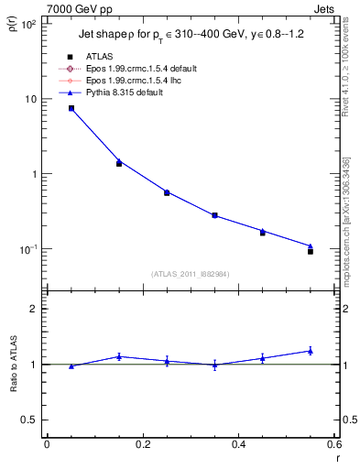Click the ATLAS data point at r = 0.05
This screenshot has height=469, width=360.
coord(71,108)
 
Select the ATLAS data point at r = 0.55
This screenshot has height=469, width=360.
coord(311,251)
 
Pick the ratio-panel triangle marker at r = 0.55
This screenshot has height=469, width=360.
coord(311,351)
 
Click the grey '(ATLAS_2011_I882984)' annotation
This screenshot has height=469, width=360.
coord(190,274)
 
